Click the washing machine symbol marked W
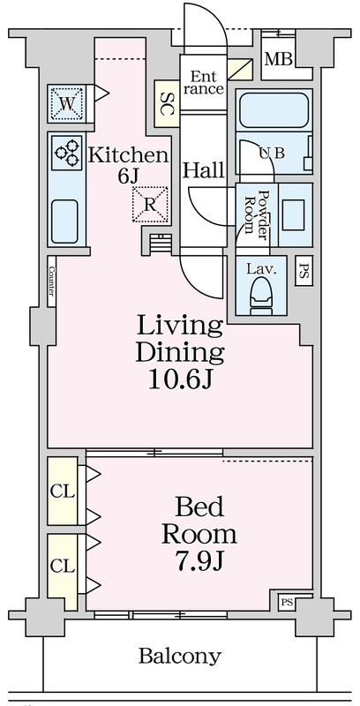pos(66,104)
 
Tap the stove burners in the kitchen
pos(66,152)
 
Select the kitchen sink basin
pos(64,222)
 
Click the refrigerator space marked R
pos(150,205)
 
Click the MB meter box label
pos(278,59)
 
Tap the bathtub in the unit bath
pos(274,110)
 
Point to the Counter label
pos(51,282)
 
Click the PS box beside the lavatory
pos(304,271)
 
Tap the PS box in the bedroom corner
pos(286,602)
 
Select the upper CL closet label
pos(63,492)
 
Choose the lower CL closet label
pos(63,566)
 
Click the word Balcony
pos(180,657)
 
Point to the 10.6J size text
pos(180,380)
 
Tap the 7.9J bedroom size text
pos(199,561)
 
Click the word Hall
pos(204,170)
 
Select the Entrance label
pos(204,81)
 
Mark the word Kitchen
pos(128,155)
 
